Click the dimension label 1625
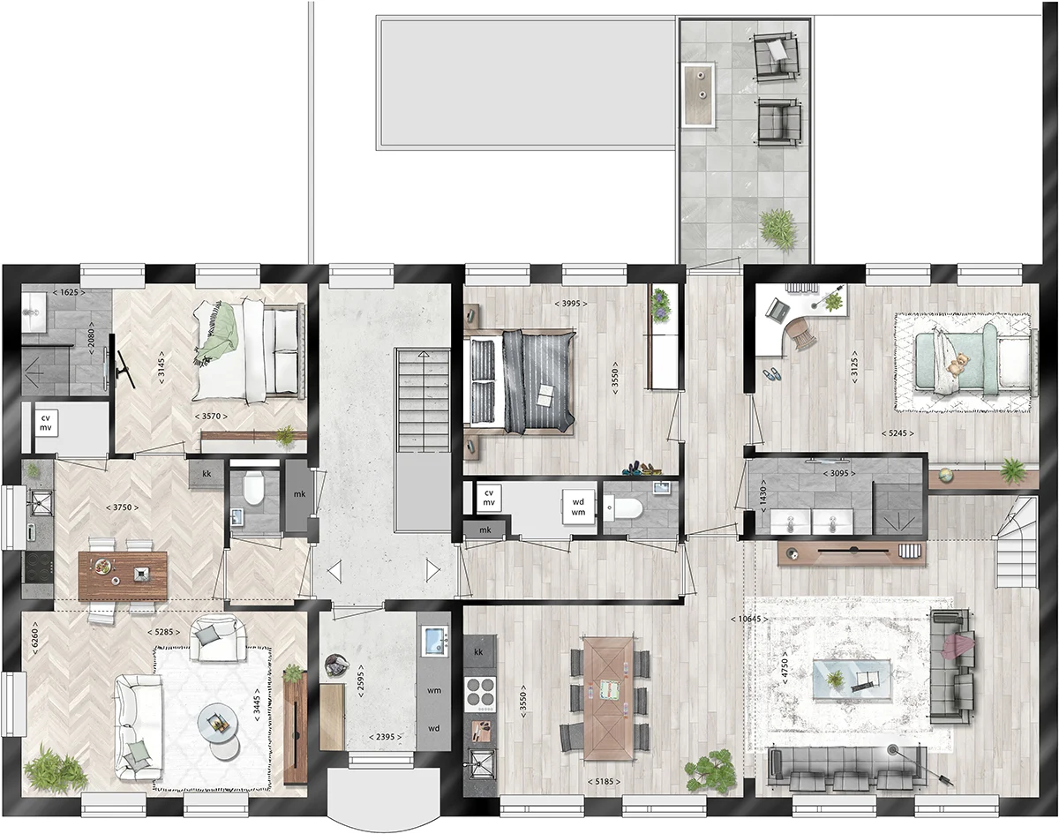69,292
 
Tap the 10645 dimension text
749,619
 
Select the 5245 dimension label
898,433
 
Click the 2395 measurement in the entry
386,737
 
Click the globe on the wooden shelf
945,476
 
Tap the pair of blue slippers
771,375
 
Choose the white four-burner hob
480,695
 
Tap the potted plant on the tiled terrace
778,229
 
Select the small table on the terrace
699,95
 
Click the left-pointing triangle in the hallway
335,572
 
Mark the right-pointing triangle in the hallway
432,571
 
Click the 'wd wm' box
578,507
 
